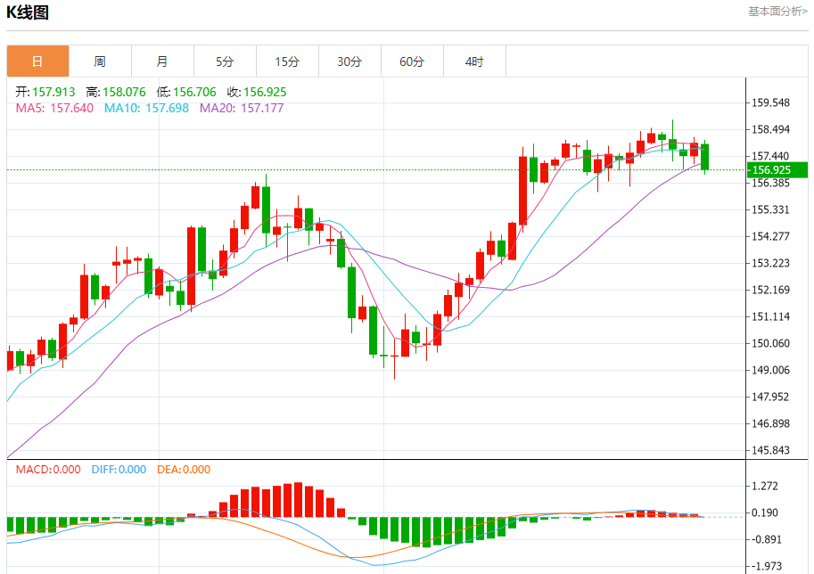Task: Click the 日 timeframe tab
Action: pos(37,61)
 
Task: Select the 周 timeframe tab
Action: pos(100,61)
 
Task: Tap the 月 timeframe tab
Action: pos(162,61)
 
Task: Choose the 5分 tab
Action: pos(225,61)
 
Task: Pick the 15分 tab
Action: pos(287,61)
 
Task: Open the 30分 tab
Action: pos(349,61)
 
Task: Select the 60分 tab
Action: pos(412,61)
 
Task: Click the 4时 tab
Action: pos(474,61)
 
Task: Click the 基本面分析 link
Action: pos(777,12)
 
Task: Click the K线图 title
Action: pos(28,12)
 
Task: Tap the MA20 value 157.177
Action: pos(242,108)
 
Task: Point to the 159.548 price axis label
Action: pos(771,102)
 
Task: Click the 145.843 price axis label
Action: pos(771,450)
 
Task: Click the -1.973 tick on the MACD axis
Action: pos(768,566)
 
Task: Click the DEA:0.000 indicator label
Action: pos(184,470)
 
